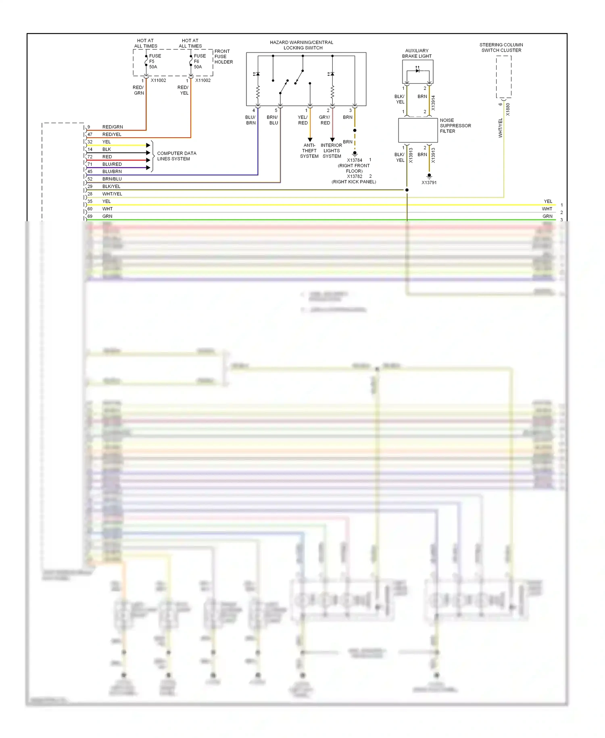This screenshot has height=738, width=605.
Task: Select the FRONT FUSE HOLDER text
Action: tap(223, 57)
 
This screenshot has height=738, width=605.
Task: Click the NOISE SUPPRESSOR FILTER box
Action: tap(418, 130)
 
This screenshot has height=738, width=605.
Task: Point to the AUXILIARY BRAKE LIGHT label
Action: tap(417, 53)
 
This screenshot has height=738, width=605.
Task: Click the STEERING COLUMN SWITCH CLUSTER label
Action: tap(501, 48)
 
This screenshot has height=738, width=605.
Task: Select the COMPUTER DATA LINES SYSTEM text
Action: tap(176, 156)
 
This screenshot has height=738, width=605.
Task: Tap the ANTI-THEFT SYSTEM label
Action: tap(309, 151)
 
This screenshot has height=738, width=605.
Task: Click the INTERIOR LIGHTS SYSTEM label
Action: tap(332, 151)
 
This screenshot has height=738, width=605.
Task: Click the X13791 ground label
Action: tap(429, 182)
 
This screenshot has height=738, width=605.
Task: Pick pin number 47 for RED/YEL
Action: tap(90, 134)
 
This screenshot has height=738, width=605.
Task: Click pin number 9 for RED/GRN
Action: tap(89, 127)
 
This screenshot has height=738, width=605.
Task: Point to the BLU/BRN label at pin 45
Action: tap(112, 172)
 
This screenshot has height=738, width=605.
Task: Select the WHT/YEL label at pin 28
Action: tap(112, 194)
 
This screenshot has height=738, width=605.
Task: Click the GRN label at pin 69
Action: tap(107, 216)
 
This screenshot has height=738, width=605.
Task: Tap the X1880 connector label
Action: tap(508, 109)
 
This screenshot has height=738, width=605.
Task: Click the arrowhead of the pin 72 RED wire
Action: tap(148, 160)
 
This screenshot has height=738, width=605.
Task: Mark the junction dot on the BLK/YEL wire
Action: tap(407, 190)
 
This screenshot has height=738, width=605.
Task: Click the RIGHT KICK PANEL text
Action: tap(354, 182)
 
